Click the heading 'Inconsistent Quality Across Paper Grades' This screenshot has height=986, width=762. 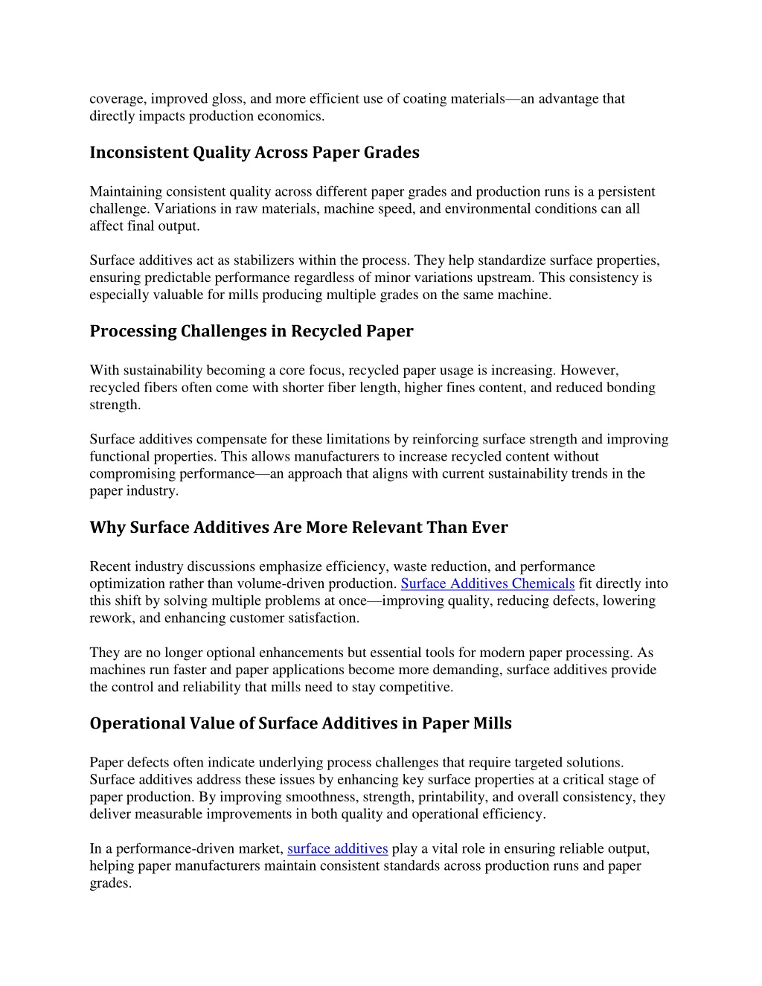254,153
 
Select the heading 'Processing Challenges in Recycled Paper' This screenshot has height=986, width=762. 251,331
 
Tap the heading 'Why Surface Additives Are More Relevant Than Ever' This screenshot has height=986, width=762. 298,528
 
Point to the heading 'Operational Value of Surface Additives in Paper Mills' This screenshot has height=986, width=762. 300,723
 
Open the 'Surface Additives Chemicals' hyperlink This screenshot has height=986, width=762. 487,583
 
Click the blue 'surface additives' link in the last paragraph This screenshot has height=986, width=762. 337,848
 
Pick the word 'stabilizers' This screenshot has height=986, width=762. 264,260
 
